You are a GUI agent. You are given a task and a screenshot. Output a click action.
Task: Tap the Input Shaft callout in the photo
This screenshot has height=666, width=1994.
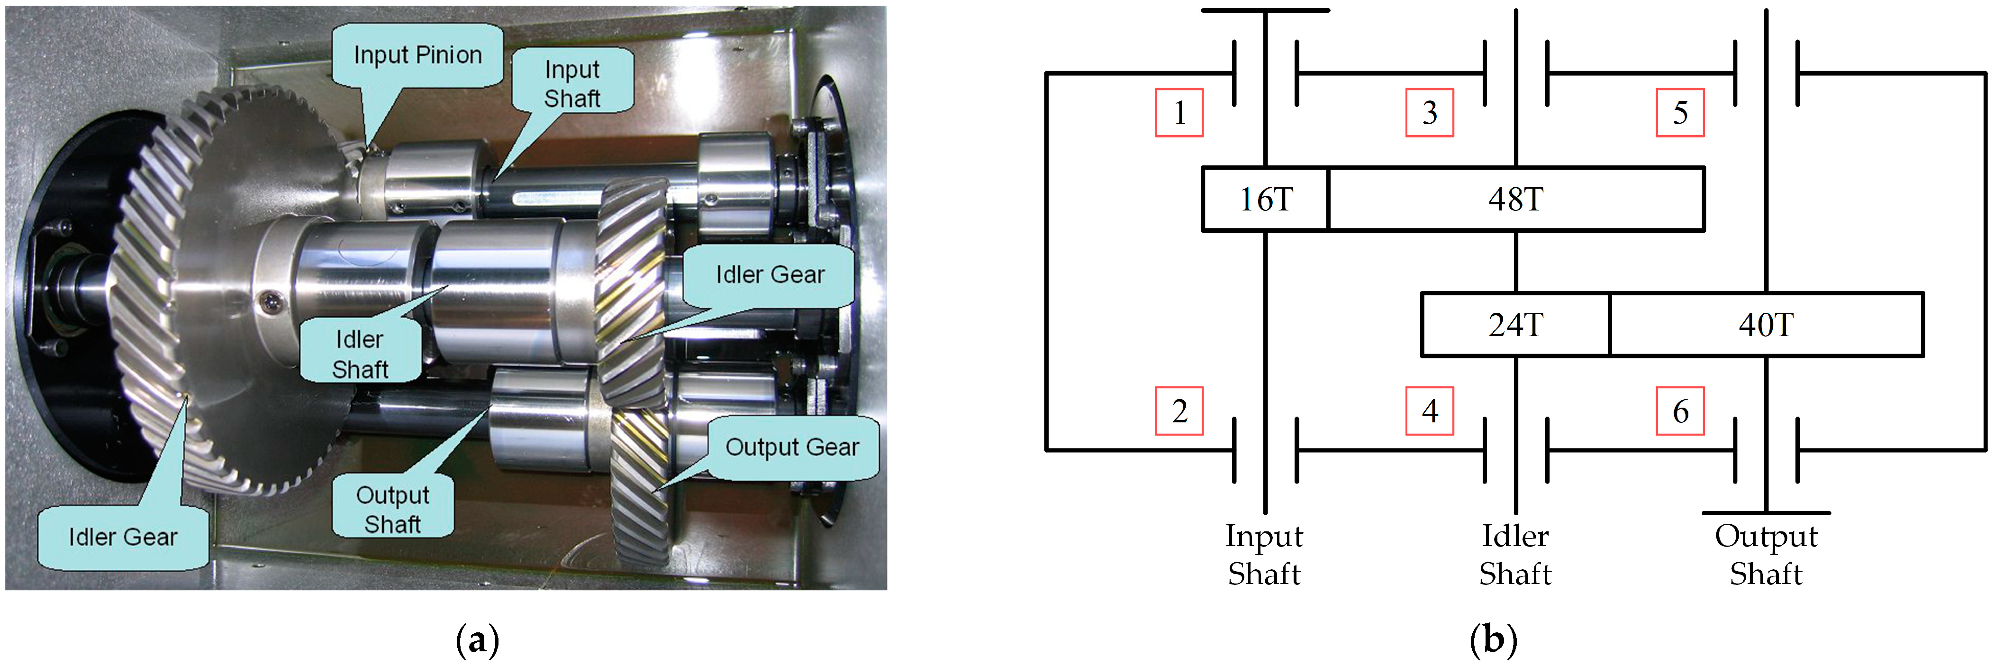tap(572, 83)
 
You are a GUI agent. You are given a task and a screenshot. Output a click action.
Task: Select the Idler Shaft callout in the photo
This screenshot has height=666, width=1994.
tap(360, 354)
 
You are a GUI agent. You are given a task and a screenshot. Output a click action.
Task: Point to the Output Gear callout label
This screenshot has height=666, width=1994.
tap(792, 447)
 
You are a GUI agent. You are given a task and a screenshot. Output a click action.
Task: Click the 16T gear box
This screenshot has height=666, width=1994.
tap(1266, 199)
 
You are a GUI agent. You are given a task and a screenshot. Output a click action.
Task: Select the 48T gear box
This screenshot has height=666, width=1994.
tap(1515, 199)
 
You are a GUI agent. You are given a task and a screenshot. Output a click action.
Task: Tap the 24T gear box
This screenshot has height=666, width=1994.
tap(1515, 325)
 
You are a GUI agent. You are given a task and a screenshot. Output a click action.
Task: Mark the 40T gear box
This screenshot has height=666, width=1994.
tap(1766, 325)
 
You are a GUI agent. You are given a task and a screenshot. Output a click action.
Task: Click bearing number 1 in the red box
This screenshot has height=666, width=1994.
tap(1179, 113)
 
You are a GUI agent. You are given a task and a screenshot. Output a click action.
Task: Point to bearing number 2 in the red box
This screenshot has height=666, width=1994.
tap(1179, 411)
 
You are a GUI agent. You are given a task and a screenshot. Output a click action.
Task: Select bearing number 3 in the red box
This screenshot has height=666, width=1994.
tap(1429, 113)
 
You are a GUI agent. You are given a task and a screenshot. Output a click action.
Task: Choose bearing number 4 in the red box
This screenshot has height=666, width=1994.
tap(1429, 411)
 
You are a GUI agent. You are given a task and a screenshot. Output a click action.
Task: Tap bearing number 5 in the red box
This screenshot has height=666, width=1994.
tap(1680, 113)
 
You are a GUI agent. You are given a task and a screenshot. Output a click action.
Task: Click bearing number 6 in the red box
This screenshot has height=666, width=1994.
tap(1680, 411)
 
